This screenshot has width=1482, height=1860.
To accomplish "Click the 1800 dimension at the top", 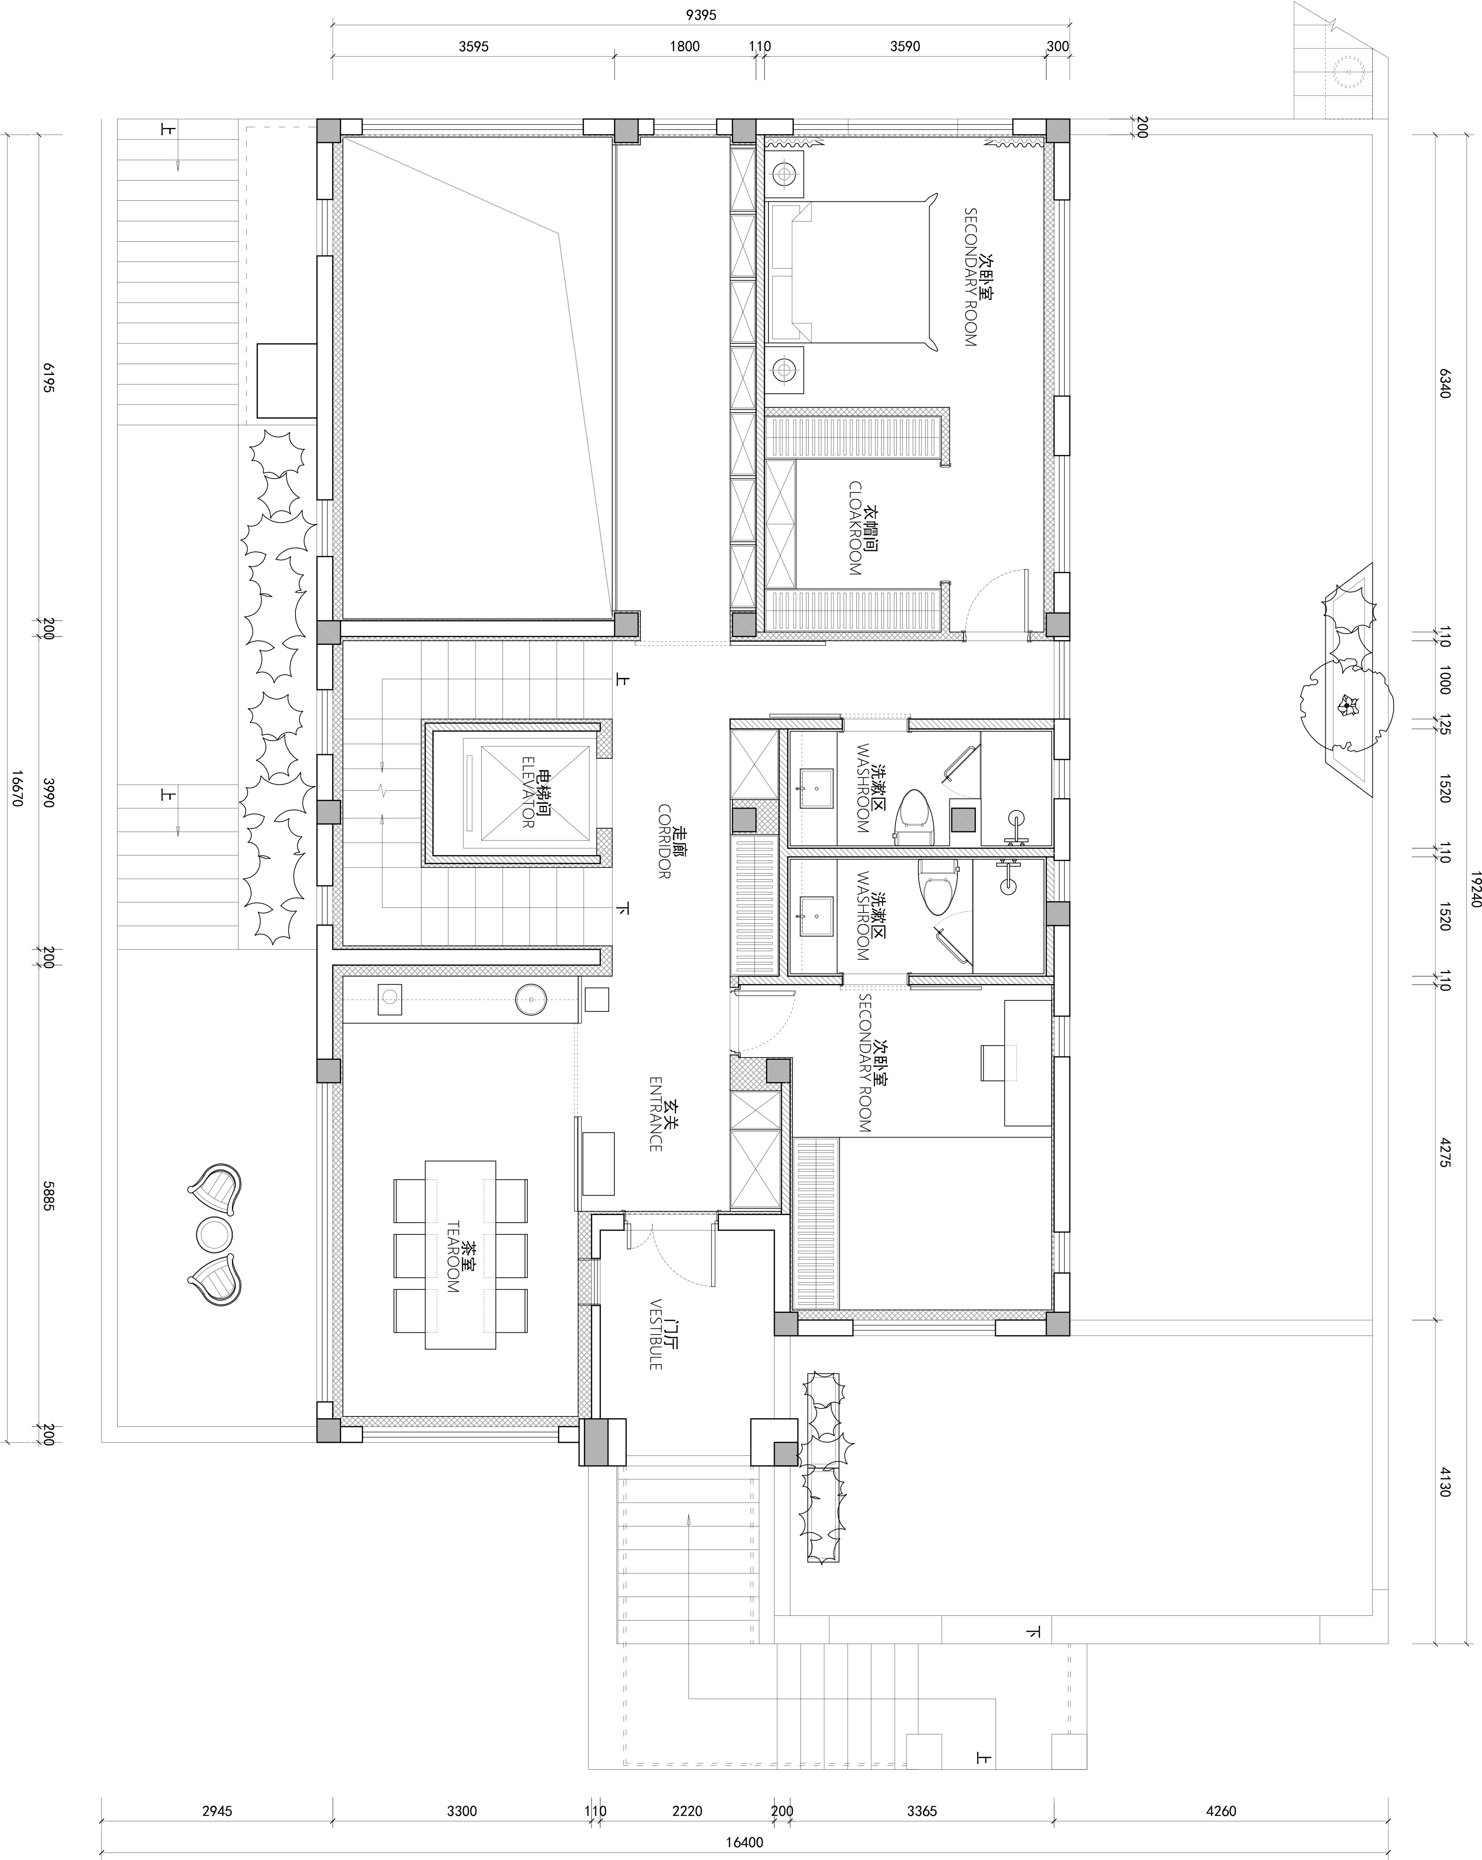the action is point(684,46).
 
